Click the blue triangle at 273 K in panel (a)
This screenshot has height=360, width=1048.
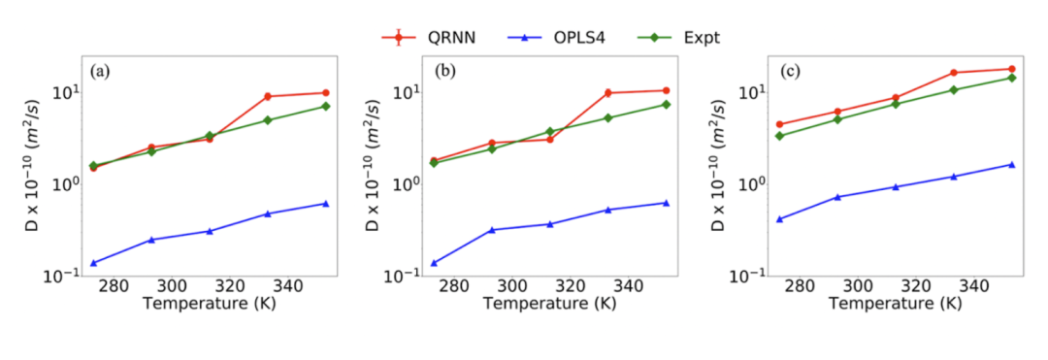[x=94, y=263]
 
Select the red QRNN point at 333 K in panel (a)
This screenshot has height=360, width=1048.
[x=268, y=96]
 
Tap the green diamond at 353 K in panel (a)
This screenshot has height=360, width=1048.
[x=326, y=106]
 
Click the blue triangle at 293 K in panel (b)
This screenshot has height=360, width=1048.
[x=492, y=230]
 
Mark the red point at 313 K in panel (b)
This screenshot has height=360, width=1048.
[x=550, y=139]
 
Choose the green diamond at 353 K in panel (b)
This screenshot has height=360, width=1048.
[x=667, y=104]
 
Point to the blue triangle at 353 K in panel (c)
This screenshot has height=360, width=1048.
[x=1012, y=164]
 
